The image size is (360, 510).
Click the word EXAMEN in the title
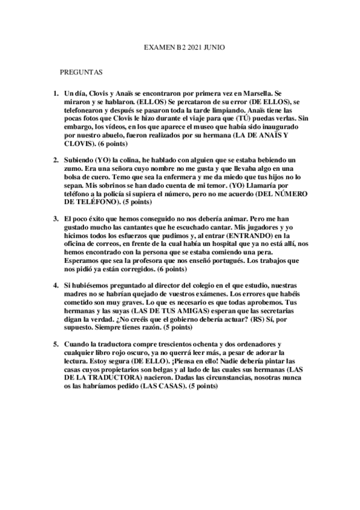coord(159,46)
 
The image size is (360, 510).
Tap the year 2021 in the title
coord(196,46)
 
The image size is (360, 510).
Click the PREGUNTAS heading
coord(81,72)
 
